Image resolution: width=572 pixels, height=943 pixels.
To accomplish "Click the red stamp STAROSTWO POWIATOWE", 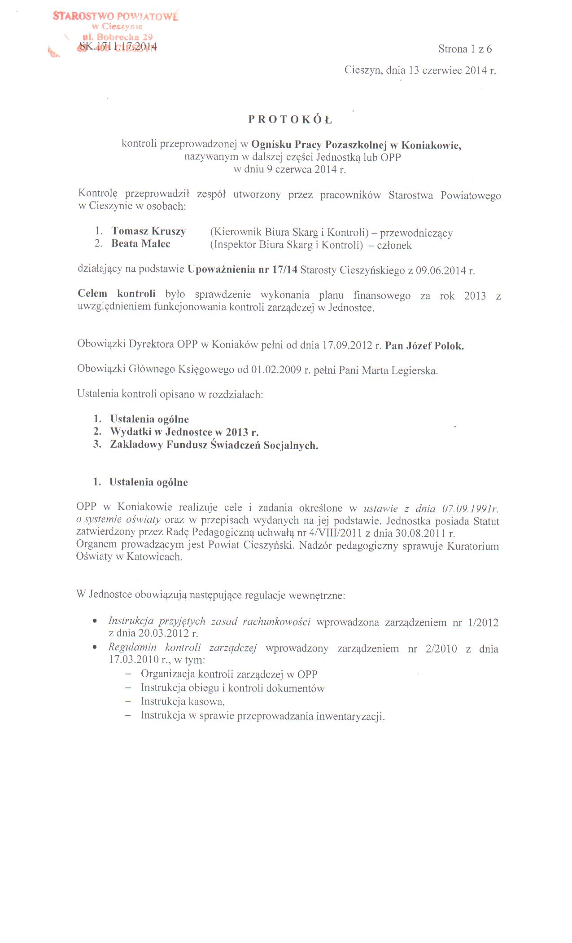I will tap(115, 17).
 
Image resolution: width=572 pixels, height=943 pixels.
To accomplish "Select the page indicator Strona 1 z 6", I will tap(465, 49).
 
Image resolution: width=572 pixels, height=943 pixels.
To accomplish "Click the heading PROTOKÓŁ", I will tap(290, 119).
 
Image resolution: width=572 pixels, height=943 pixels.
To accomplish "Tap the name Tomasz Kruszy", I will tap(148, 231).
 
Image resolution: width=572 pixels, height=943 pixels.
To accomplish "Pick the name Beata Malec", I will tap(141, 244).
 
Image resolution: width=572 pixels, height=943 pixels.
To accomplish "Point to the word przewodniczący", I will tap(416, 233).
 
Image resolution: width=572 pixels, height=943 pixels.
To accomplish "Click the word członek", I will tap(394, 246).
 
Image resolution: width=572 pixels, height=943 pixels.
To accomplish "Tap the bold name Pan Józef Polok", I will tap(424, 346).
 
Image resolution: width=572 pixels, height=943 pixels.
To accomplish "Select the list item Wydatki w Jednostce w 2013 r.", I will tap(184, 432).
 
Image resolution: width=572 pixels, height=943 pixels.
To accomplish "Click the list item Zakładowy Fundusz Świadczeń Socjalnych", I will tap(214, 445).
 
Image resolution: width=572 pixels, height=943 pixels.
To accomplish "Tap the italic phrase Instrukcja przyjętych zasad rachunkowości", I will tap(210, 621).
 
